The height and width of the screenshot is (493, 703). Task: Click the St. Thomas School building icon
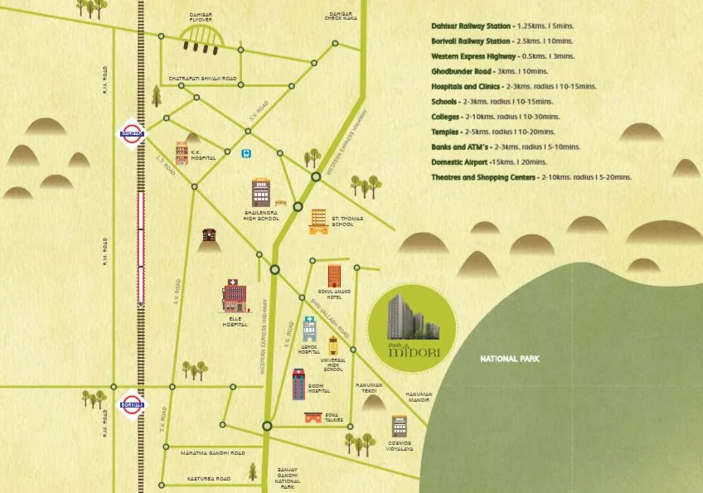click(x=318, y=221)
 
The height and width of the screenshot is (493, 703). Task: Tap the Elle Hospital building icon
click(x=234, y=296)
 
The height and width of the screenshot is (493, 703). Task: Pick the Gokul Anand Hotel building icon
click(x=334, y=276)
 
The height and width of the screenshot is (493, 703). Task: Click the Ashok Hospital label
click(x=309, y=349)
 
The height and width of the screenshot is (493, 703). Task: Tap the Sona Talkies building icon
click(x=313, y=418)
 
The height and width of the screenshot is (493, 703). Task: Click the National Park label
click(x=510, y=360)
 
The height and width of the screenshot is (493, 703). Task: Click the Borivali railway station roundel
click(x=131, y=405)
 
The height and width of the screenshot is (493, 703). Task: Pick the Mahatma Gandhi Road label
click(x=213, y=453)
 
